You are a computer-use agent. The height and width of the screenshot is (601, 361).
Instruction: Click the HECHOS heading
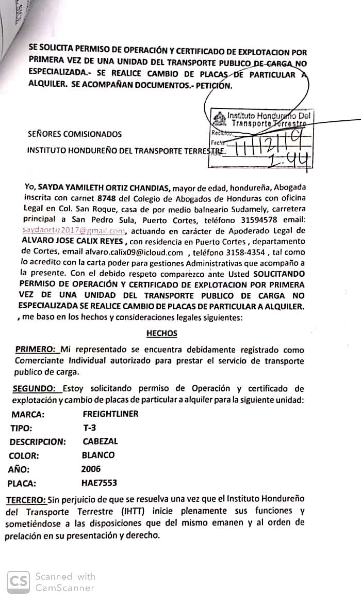161,334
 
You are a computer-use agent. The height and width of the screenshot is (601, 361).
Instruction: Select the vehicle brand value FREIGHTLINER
110,414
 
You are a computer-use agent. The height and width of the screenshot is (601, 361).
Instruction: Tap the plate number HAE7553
99,483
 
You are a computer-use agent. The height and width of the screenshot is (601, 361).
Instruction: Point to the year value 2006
91,469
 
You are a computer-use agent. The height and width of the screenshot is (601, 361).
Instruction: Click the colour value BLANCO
98,455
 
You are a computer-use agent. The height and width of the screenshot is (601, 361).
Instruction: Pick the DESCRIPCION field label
38,442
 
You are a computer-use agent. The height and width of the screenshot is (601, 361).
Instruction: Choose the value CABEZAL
100,441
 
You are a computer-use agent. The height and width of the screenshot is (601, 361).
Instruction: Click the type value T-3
89,428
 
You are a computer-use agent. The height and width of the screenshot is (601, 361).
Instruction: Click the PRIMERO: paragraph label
36,350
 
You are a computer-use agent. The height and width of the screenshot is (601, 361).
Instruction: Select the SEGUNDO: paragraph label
34,388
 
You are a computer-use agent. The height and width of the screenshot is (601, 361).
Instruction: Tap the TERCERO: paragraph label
26,500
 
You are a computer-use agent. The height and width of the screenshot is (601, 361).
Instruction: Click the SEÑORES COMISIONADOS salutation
75,134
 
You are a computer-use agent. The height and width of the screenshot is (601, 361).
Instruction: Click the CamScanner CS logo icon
19,581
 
